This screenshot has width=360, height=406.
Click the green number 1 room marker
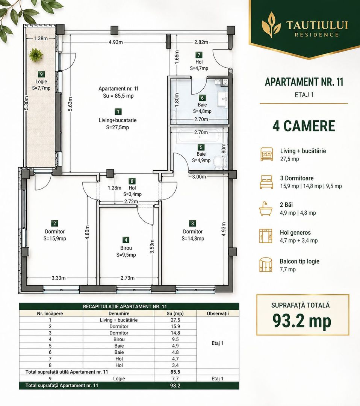[x=118, y=112]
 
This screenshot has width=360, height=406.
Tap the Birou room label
[x=126, y=248]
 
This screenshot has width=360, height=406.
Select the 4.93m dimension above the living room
[x=116, y=42]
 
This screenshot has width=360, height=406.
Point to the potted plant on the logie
[x=36, y=55]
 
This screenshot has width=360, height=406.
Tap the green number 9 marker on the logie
[x=41, y=74]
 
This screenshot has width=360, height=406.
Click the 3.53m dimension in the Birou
[x=152, y=247]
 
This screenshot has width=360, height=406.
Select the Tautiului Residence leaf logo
[x=271, y=24]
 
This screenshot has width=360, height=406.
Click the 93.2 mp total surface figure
[x=302, y=321]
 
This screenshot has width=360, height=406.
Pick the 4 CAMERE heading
[x=304, y=126]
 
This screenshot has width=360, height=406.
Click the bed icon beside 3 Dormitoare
[x=266, y=182]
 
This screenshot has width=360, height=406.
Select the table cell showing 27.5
[x=175, y=320]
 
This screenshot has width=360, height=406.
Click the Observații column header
[x=218, y=314]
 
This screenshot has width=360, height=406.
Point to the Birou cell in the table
[x=119, y=339]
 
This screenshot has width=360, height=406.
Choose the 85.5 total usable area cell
[x=175, y=372]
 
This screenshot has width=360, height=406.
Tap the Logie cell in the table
[x=119, y=379]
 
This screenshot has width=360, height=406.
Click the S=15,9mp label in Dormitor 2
[x=55, y=238]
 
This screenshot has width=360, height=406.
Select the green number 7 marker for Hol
[x=199, y=55]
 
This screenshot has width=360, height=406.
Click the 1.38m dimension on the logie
[x=41, y=39]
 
